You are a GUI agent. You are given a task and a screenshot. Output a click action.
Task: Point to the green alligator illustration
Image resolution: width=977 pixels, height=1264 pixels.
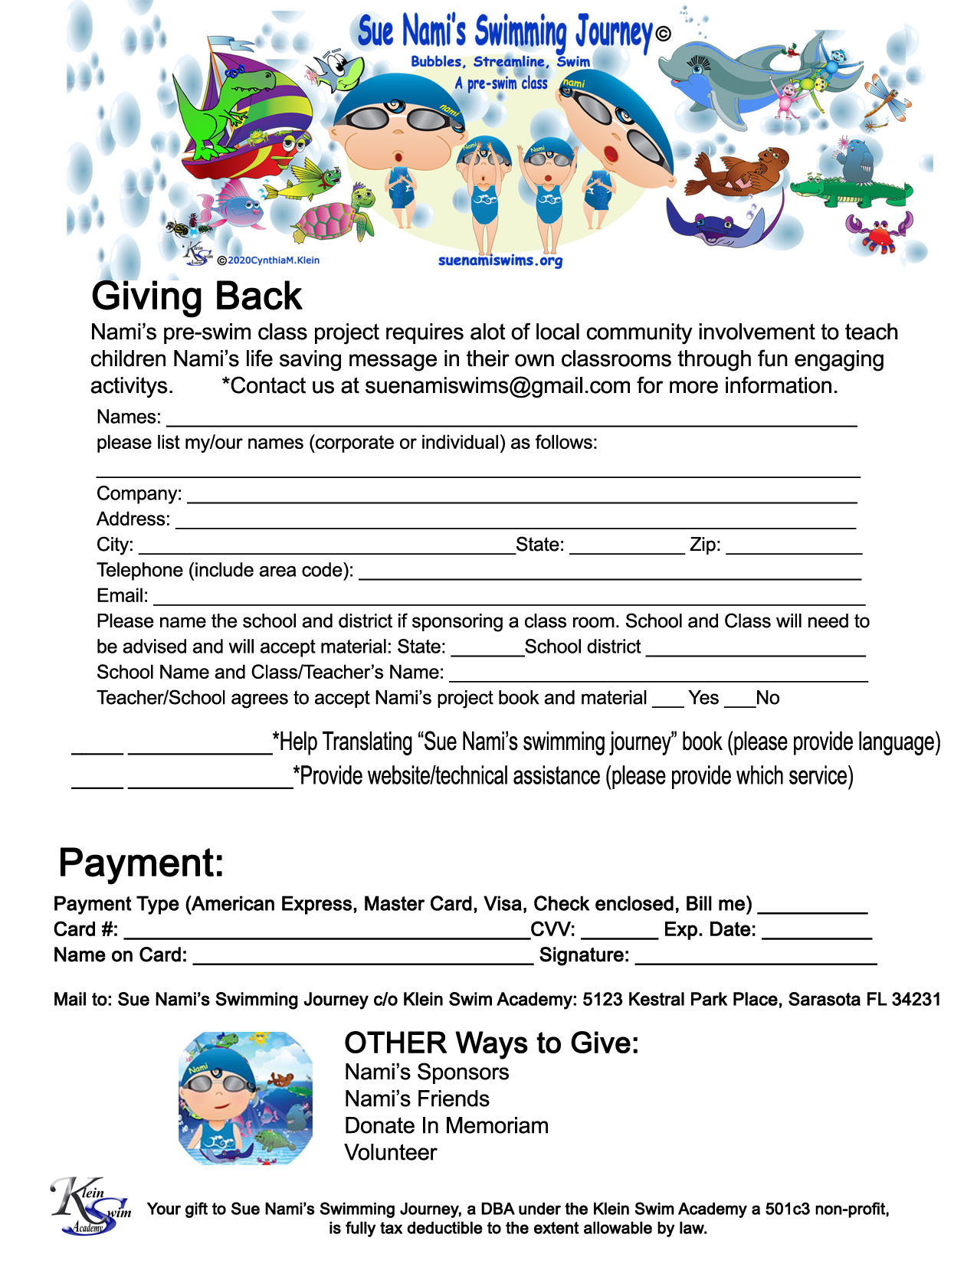[x=851, y=190]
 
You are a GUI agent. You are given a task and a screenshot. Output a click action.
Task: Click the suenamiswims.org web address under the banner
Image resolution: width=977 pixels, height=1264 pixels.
[x=500, y=260]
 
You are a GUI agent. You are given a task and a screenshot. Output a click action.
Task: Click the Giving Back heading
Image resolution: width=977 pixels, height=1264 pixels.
[x=196, y=296]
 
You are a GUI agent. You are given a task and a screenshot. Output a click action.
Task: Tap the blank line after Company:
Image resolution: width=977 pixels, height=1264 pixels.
[x=521, y=499]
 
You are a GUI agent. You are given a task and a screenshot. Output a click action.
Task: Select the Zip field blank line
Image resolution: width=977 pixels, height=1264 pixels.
[x=794, y=551]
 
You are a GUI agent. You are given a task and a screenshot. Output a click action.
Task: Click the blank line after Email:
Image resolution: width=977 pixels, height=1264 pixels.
[x=509, y=602]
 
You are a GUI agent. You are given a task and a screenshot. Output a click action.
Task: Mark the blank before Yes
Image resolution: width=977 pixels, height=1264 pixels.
[x=668, y=703]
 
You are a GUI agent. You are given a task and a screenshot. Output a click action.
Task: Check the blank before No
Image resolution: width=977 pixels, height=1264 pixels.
[x=739, y=703]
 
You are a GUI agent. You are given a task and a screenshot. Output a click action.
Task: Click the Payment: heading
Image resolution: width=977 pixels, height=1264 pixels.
[x=141, y=863]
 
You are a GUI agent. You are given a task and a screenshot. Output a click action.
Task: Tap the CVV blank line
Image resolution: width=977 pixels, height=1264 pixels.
[x=619, y=936]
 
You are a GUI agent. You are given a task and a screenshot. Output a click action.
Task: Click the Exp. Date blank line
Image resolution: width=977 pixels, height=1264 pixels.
[x=817, y=936]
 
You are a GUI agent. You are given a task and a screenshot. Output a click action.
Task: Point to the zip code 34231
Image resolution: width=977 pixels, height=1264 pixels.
[x=916, y=1000]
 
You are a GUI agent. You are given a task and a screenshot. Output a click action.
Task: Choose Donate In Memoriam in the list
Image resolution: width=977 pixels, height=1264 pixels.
[x=446, y=1126]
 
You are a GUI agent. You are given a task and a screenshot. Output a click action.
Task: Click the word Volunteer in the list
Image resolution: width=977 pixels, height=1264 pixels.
[x=390, y=1153]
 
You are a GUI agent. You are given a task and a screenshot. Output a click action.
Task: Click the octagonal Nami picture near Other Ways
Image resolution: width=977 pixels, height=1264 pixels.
[x=245, y=1099]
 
